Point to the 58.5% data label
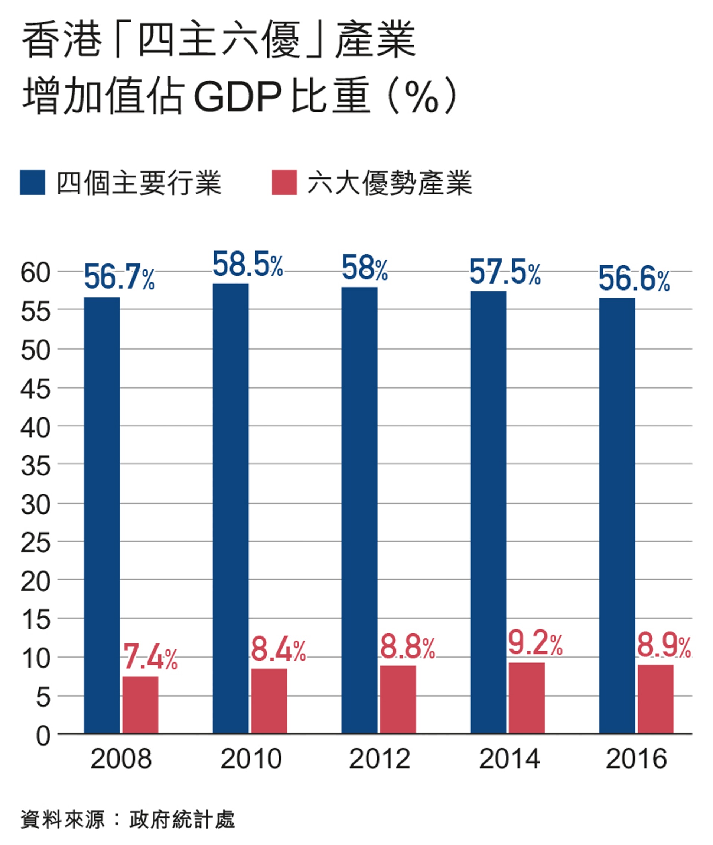pyautogui.click(x=248, y=265)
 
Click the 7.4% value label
pyautogui.click(x=150, y=657)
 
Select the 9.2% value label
pyautogui.click(x=535, y=643)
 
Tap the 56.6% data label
pyautogui.click(x=634, y=279)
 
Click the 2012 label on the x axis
pyautogui.click(x=380, y=759)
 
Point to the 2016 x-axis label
pyautogui.click(x=636, y=759)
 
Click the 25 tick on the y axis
pyautogui.click(x=36, y=543)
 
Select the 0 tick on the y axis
pyautogui.click(x=43, y=736)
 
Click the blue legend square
pyautogui.click(x=33, y=183)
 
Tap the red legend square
pyautogui.click(x=284, y=183)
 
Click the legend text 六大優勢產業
pyautogui.click(x=389, y=183)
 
